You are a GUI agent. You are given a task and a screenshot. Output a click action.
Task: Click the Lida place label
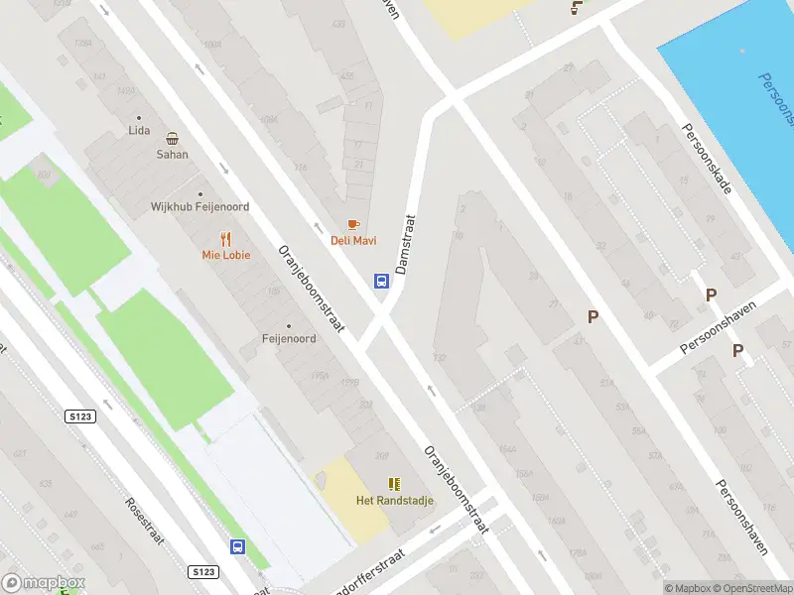(x=139, y=130)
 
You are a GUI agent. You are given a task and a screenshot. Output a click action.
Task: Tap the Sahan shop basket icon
(x=173, y=139)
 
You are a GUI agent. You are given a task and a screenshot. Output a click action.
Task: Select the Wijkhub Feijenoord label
(x=199, y=206)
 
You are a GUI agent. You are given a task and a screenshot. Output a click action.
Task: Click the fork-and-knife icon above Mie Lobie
(x=226, y=238)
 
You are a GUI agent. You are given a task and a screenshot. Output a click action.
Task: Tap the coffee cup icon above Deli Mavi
(x=352, y=225)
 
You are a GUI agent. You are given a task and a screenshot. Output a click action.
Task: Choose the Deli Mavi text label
(x=353, y=241)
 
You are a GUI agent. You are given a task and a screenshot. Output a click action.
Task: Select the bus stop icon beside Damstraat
(x=380, y=281)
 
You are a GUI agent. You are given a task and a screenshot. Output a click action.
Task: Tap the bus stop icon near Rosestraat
(x=237, y=546)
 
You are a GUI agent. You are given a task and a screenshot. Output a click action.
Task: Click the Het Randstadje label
(x=395, y=500)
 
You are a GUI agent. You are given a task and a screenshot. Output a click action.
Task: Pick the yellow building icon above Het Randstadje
(x=395, y=484)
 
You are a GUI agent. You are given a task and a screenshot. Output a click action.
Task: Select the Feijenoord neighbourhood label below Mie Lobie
(x=289, y=338)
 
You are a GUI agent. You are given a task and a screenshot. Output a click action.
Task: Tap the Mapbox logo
(x=44, y=583)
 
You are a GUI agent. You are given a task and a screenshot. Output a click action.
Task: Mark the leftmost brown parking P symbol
(x=594, y=317)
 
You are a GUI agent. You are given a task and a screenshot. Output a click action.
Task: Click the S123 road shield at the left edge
(x=81, y=416)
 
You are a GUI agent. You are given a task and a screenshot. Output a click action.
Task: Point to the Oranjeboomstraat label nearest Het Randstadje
(x=457, y=488)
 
